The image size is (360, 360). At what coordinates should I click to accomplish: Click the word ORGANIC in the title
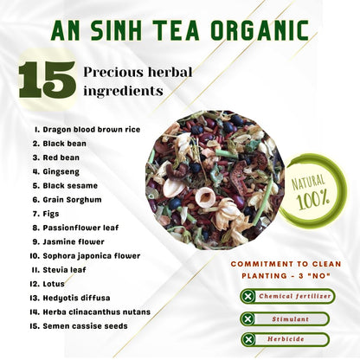[260, 30]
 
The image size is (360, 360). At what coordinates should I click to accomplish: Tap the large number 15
[48, 80]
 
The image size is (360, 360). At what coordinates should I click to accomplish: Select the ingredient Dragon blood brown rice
[92, 130]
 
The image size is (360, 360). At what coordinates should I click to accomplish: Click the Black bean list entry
[65, 144]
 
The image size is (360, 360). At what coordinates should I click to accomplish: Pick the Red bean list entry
[61, 157]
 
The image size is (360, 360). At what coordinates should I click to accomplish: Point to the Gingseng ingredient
[61, 172]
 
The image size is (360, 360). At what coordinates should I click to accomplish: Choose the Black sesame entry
[70, 186]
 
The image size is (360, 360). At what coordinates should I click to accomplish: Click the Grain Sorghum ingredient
[72, 200]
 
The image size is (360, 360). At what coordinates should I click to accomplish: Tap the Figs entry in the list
[51, 214]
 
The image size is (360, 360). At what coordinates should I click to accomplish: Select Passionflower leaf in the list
[80, 228]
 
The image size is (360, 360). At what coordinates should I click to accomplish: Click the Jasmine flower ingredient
[74, 241]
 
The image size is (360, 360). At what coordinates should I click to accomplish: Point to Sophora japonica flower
[92, 256]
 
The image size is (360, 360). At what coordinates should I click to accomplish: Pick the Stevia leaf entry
[64, 270]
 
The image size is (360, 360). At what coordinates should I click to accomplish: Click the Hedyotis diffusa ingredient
[76, 298]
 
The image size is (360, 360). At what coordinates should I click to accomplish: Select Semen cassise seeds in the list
[85, 326]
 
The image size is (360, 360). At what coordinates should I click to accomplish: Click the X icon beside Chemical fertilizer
[248, 296]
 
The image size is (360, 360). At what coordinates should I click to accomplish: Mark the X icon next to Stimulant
[247, 319]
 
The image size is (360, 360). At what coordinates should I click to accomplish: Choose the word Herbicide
[286, 339]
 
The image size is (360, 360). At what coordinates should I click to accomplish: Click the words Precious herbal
[138, 72]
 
